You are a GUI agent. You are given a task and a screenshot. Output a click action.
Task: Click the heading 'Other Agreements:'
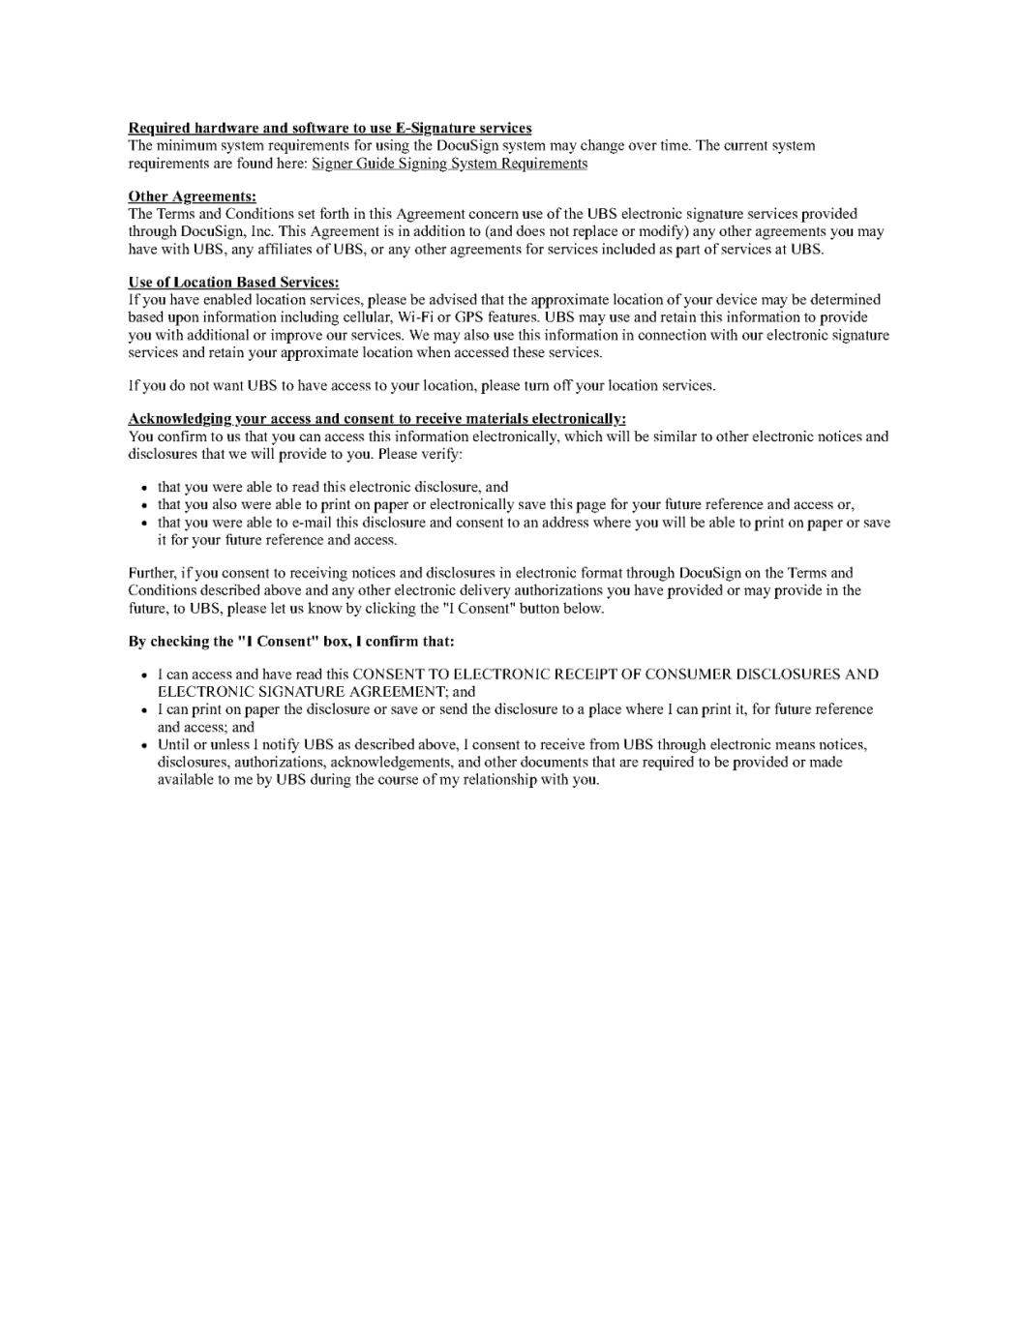coord(192,196)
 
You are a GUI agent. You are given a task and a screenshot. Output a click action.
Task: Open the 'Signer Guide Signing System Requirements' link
coord(449,164)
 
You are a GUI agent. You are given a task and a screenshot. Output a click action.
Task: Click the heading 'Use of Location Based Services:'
coord(233,283)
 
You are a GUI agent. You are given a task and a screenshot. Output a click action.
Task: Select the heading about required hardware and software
coord(329,128)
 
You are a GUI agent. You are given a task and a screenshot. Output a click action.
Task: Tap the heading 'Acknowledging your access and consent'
coord(376,419)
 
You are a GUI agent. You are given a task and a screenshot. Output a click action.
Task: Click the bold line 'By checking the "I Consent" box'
coord(290,642)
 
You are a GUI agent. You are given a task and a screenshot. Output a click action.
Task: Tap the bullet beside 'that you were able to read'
coord(144,489)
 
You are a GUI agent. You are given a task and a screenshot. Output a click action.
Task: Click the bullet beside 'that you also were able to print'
coord(144,506)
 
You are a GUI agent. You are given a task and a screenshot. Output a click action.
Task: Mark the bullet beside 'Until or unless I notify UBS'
coord(144,746)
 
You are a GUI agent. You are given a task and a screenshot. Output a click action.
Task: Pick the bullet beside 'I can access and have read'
coord(144,676)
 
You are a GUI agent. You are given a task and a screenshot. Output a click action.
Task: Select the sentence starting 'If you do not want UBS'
coord(421,386)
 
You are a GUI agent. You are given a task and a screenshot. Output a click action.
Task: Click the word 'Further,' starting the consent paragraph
coord(152,573)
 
